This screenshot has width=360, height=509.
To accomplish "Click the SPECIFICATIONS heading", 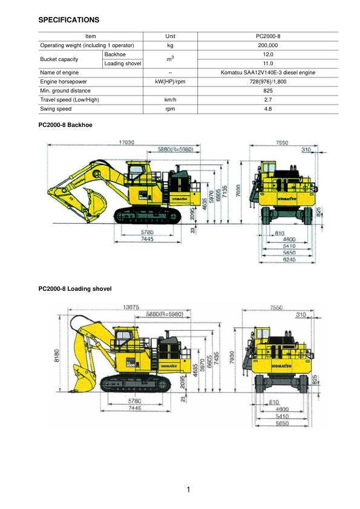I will coord(68,20).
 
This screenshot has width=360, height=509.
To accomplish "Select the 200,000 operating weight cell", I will coord(267,45).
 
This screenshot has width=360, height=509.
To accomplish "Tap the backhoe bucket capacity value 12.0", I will coord(267,54).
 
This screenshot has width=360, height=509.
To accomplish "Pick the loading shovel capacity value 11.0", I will coord(267,63).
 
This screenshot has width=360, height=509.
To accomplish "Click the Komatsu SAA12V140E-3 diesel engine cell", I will coord(267,73).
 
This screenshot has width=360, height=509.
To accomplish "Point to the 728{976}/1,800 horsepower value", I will coord(267,82).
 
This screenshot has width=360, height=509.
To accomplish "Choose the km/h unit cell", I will coord(170,100).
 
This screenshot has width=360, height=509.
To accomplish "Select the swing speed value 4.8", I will coord(267,109).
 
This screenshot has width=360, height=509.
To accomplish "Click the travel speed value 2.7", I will coord(267,100).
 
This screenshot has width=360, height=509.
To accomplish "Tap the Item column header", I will coord(91,36).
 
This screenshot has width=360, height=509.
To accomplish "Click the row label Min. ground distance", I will coord(65,91).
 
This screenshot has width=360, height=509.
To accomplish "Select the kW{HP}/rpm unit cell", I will coord(170,82).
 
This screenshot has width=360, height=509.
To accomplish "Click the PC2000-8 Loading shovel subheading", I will coord(74,288).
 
